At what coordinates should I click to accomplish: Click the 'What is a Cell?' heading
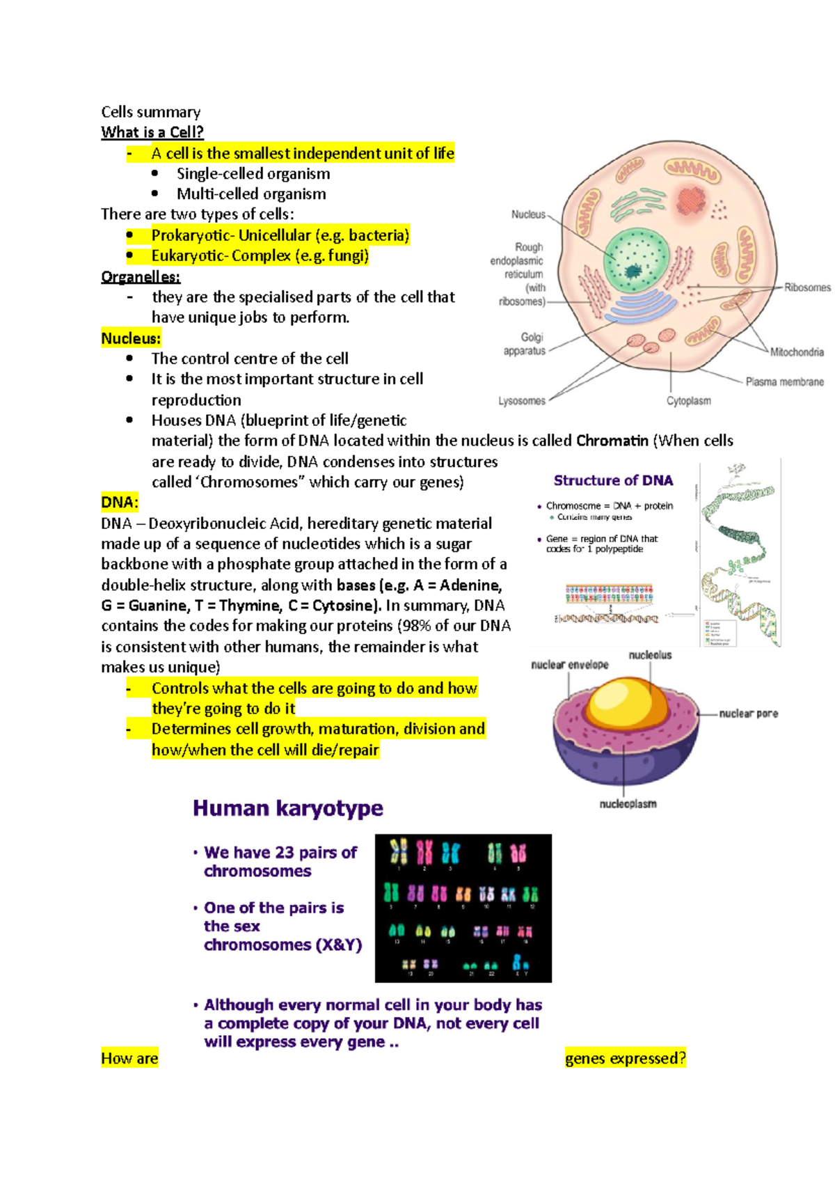point(152,132)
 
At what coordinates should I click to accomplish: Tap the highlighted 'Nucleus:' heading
point(131,339)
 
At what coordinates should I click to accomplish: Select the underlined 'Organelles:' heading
point(141,277)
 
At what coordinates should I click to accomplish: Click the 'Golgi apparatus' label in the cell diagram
point(525,344)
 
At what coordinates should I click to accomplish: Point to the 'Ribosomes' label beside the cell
point(807,287)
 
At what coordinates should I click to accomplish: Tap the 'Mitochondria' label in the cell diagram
point(797,352)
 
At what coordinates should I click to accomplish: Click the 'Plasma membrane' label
point(784,382)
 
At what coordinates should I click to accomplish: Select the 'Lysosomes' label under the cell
point(522,401)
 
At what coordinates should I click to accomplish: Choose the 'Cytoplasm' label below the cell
point(689,401)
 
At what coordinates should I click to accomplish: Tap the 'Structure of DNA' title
point(613,480)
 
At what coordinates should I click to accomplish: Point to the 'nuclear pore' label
point(748,714)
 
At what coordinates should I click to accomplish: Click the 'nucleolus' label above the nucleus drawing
point(650,655)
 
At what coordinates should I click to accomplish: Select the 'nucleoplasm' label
point(628,804)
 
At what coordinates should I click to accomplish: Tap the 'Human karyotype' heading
point(288,808)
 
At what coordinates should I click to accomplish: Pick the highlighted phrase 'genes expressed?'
point(626,1059)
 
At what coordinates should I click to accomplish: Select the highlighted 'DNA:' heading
point(120,503)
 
